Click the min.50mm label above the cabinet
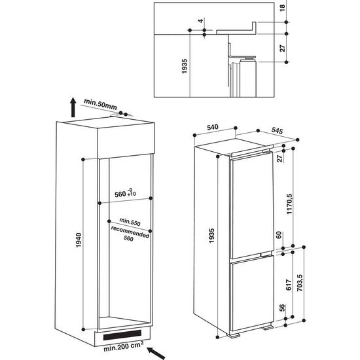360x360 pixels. (x=100, y=102)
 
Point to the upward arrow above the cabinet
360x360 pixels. (x=70, y=107)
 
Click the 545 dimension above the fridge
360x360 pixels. (x=276, y=132)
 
